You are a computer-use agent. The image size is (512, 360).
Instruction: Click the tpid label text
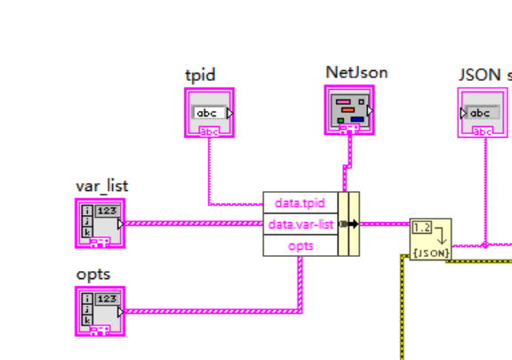[200, 75]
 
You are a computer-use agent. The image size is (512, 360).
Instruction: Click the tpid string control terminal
[210, 113]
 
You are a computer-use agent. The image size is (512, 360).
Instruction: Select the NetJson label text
[356, 73]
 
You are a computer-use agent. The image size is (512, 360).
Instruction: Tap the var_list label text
[101, 185]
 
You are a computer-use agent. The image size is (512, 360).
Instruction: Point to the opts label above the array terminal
[92, 275]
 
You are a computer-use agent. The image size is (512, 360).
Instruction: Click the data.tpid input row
[300, 203]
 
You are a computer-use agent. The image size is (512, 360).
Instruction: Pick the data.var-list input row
[300, 224]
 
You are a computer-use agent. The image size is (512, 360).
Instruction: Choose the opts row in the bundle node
[300, 245]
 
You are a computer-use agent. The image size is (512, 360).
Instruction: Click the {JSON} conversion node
[430, 240]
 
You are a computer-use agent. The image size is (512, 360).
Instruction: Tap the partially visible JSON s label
[484, 75]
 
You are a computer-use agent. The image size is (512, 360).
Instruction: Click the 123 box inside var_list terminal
[107, 211]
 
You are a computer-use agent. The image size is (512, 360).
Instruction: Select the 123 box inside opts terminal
[107, 300]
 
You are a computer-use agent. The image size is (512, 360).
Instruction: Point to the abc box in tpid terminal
[206, 113]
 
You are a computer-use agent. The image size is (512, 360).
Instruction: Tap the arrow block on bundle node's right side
[348, 224]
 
